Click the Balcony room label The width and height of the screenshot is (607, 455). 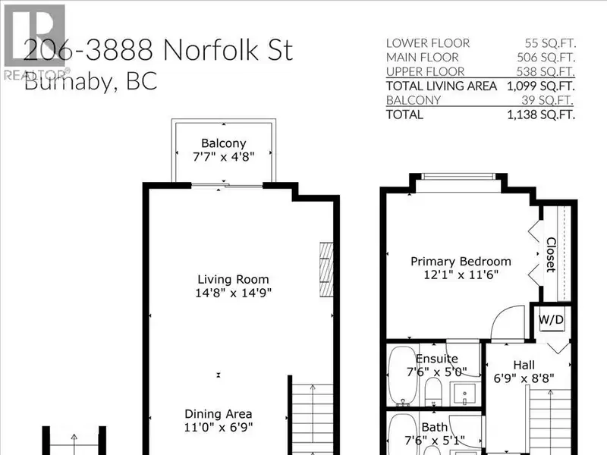[224, 143]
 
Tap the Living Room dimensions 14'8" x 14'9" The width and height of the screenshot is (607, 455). [234, 293]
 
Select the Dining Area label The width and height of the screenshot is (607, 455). [219, 414]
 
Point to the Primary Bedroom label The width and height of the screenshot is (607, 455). [461, 262]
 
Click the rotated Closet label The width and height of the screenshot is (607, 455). [551, 255]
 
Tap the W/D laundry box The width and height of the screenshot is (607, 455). [552, 319]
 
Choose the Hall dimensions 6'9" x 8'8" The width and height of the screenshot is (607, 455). [524, 378]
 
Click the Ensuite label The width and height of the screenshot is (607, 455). [437, 359]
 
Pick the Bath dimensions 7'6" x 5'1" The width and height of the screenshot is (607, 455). [435, 441]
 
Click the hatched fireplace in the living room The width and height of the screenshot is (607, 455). [326, 270]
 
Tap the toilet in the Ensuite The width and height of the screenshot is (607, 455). [433, 391]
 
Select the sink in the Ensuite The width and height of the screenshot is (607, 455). [464, 394]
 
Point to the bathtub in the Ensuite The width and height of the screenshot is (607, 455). [403, 375]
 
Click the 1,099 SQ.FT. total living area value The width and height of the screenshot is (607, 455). [541, 86]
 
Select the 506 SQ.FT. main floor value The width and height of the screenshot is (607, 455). [546, 58]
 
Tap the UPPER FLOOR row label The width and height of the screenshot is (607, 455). [425, 71]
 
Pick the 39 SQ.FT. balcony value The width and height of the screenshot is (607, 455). [547, 100]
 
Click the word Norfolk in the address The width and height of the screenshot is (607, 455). [211, 50]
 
